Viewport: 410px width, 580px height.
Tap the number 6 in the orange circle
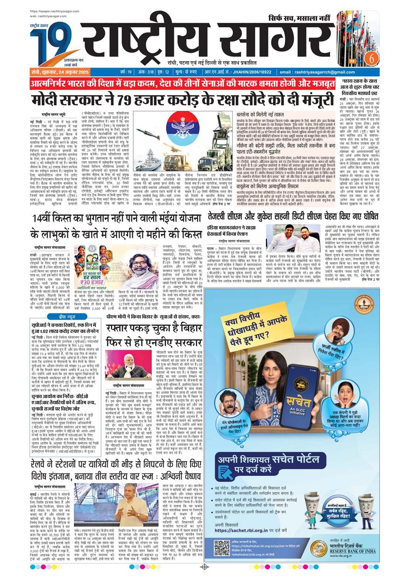coord(371,57)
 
